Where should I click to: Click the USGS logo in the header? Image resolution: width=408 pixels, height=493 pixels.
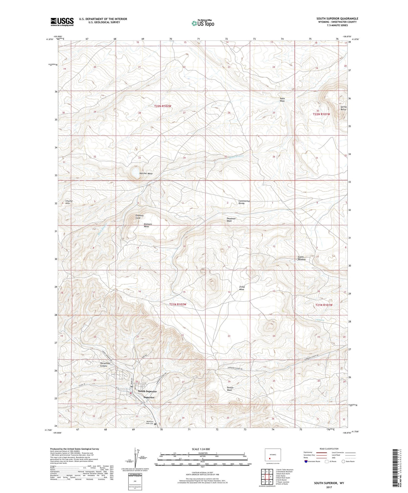pos(62,22)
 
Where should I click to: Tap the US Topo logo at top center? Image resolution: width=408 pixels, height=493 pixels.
pos(203,23)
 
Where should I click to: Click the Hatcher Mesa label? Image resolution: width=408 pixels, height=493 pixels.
pos(146,173)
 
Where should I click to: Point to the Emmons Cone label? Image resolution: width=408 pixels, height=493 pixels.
pos(140,217)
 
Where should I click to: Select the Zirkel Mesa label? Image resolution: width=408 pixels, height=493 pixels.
pos(242,288)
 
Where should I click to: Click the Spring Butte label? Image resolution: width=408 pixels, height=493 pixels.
pos(343,108)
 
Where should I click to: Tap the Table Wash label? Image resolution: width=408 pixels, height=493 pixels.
pos(282,100)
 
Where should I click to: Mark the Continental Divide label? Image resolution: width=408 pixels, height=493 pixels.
pos(244,202)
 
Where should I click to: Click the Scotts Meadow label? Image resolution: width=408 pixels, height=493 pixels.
pos(302,258)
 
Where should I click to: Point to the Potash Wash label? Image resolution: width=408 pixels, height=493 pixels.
pos(230,389)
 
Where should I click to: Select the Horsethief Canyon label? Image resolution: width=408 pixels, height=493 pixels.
pos(100,365)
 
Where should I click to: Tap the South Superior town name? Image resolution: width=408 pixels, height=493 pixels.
pos(147,391)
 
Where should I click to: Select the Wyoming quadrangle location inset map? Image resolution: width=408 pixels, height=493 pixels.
pos(273,454)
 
